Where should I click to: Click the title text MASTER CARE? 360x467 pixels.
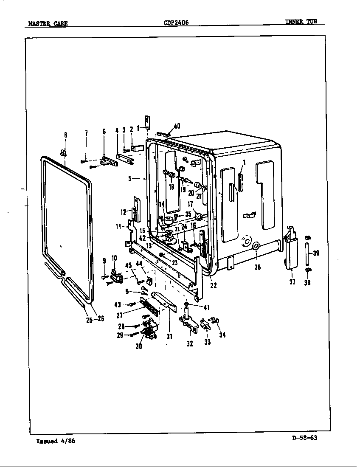point(47,23)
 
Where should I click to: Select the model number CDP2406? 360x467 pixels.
point(176,23)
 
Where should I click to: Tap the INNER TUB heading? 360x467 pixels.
point(301,22)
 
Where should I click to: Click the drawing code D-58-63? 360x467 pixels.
point(305,439)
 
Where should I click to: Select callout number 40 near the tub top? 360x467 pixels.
point(177,126)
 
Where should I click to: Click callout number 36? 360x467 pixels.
point(258,267)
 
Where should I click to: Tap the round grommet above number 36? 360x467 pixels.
point(256,246)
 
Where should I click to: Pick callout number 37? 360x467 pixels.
point(292,281)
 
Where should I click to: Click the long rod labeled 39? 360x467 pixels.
point(307,254)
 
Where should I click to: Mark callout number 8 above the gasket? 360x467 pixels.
point(65,135)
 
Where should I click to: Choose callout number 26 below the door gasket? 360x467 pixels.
point(101,319)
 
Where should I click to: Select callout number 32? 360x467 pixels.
point(190,344)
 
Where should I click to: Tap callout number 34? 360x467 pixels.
point(222,335)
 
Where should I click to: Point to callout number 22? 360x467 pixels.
point(213,285)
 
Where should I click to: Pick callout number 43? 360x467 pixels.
point(118,304)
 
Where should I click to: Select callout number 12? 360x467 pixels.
point(123,211)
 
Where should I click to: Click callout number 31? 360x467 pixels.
point(169,337)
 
